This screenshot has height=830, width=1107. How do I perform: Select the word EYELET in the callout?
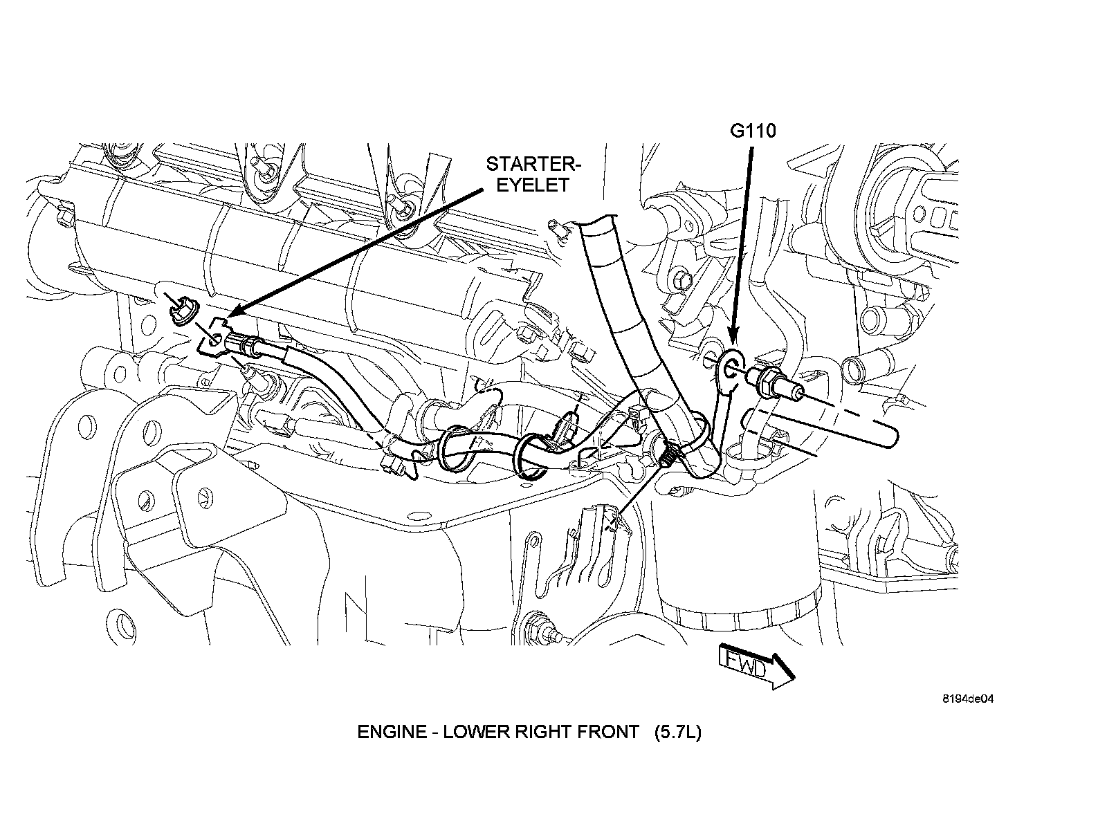535,185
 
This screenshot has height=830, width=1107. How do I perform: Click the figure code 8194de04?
967,699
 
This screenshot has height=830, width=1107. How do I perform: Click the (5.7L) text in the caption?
678,732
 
